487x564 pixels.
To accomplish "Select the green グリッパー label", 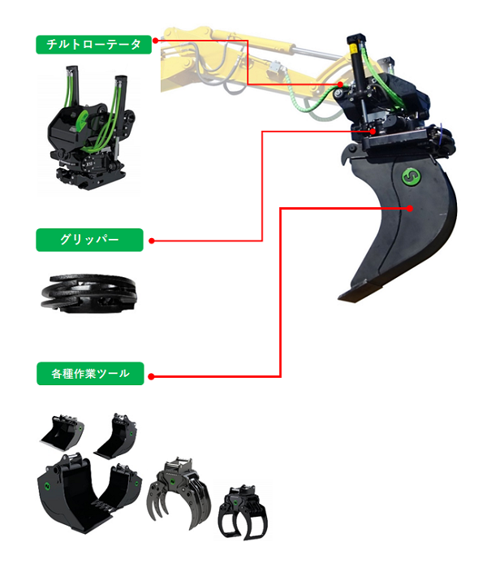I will [x=89, y=240].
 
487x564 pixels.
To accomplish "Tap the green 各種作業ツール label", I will [x=89, y=374].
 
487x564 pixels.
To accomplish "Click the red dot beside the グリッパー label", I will [x=152, y=241].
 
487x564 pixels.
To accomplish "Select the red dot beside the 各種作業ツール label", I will [x=152, y=376].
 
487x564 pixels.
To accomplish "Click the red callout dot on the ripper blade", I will [x=412, y=208].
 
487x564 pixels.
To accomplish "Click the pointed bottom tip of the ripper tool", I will [x=344, y=297].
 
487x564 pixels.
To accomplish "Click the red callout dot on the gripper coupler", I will [x=373, y=130].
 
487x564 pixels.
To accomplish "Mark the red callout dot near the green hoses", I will [x=341, y=85].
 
